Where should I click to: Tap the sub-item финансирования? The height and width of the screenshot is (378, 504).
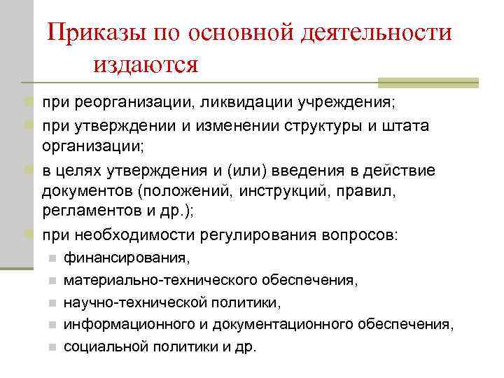127,258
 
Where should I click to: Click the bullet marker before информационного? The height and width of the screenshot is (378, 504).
52,325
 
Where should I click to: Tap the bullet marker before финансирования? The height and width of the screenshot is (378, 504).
52,258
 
